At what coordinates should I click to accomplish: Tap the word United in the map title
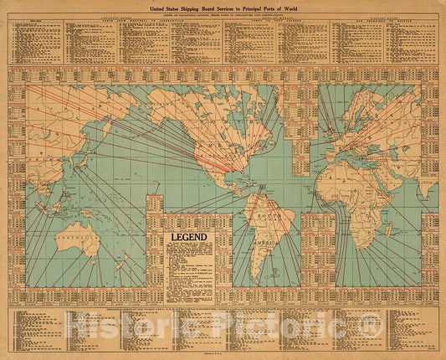[152, 6]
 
